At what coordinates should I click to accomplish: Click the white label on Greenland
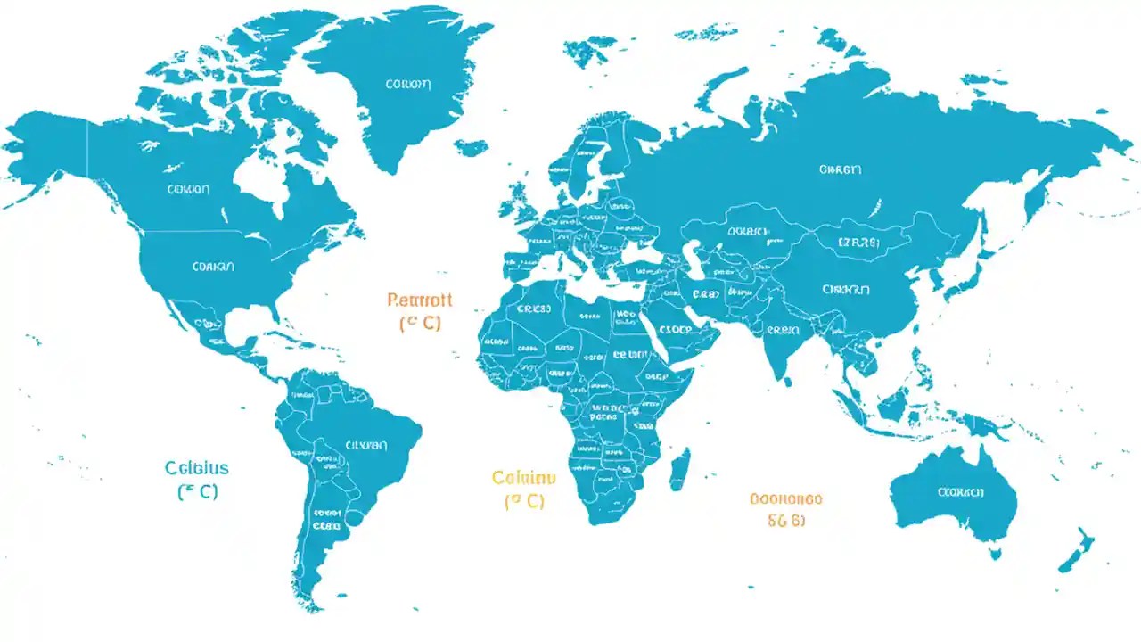click(407, 85)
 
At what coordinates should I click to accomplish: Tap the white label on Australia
click(960, 491)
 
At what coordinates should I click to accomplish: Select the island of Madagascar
click(679, 468)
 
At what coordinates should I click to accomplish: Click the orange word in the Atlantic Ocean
click(420, 300)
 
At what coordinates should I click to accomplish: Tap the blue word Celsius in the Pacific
click(197, 468)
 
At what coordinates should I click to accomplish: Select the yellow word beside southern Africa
click(524, 477)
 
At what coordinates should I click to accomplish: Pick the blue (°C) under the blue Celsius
click(198, 491)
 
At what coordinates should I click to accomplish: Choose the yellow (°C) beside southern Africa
click(524, 501)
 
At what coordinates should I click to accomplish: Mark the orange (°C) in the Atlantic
click(420, 324)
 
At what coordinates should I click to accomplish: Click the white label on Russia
click(840, 168)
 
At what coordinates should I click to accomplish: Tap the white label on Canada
click(187, 189)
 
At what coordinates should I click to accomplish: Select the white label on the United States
click(212, 266)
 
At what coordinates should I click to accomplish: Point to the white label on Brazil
click(365, 443)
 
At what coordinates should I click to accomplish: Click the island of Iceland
click(470, 147)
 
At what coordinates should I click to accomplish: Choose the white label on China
click(844, 289)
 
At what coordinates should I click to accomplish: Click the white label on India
click(782, 329)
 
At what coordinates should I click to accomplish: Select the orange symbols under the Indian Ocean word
click(785, 521)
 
